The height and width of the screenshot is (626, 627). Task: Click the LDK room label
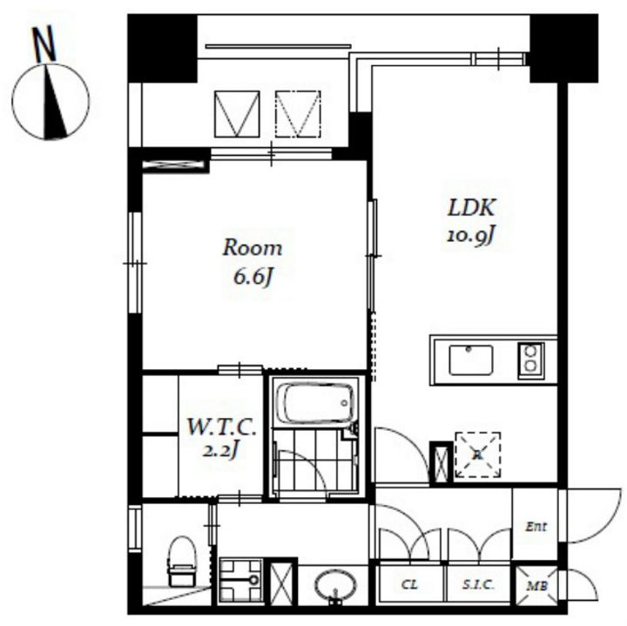click(x=471, y=208)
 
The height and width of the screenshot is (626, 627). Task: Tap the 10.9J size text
click(x=470, y=236)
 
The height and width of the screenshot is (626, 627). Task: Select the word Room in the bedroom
click(x=253, y=248)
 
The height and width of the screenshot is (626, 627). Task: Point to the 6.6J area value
click(x=253, y=276)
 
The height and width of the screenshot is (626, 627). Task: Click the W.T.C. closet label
click(x=221, y=427)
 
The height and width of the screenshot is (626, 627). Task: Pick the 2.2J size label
click(x=220, y=451)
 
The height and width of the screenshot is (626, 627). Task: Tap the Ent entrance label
click(x=536, y=527)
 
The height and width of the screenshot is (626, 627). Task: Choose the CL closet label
click(x=409, y=585)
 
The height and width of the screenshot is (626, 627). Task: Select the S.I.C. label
click(x=478, y=585)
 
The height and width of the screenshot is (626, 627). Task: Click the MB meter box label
click(x=536, y=586)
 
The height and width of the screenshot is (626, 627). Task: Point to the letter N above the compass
click(x=44, y=44)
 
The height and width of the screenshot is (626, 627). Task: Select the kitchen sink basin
click(x=470, y=360)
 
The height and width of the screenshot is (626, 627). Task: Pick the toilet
click(x=182, y=562)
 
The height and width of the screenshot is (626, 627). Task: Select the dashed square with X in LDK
click(x=478, y=454)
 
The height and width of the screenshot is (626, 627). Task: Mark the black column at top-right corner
click(x=563, y=49)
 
